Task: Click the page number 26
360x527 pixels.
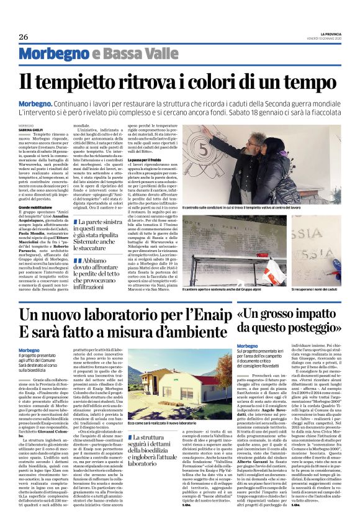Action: click(23, 37)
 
